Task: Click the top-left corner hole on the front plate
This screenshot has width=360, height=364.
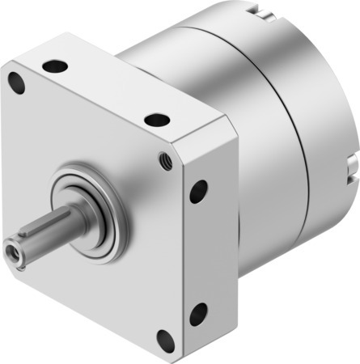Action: point(15,80)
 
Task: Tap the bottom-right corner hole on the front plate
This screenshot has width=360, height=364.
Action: point(167,339)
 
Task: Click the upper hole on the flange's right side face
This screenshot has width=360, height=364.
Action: point(197,191)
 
